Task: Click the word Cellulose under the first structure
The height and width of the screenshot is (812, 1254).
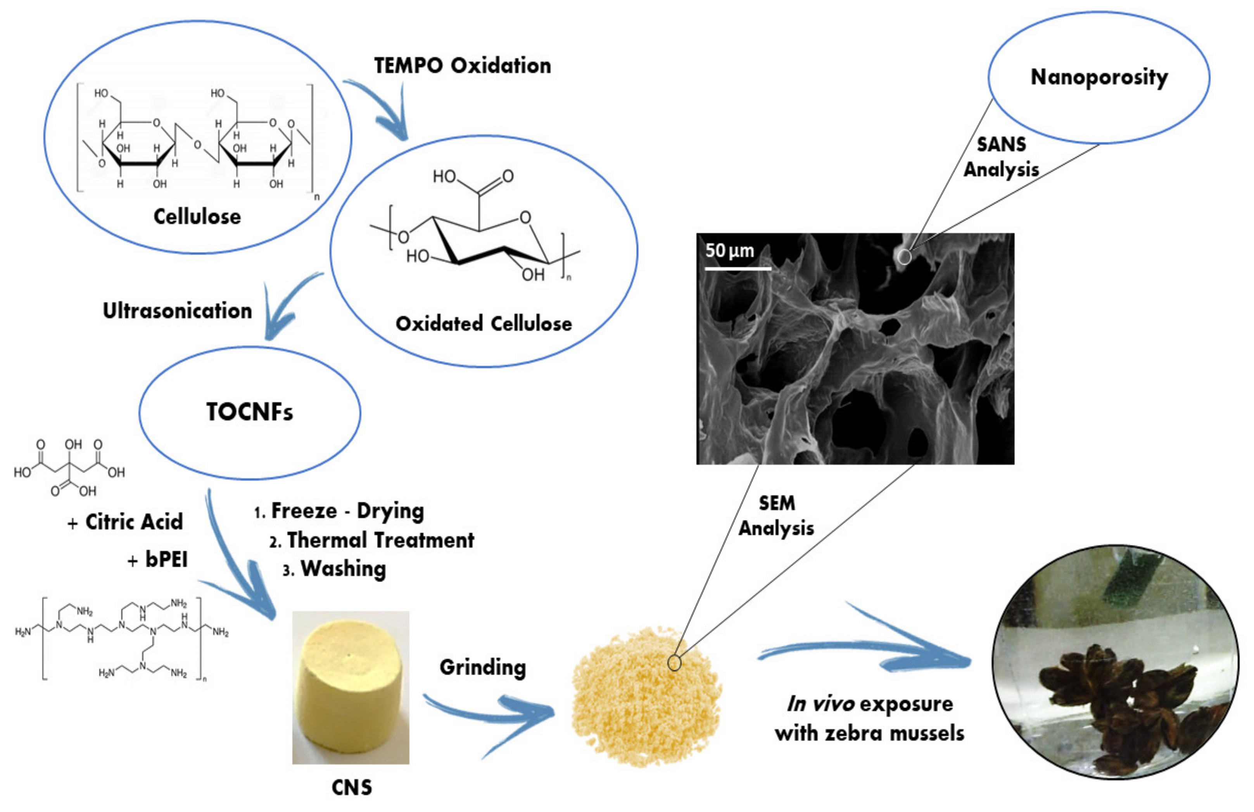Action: pos(197,216)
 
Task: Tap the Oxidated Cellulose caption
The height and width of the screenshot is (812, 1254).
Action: pos(483,323)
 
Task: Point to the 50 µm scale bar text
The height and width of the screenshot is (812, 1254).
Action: pos(729,251)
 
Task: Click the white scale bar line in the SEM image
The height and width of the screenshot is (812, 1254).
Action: pos(738,269)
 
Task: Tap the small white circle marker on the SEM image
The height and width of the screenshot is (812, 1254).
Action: pos(904,257)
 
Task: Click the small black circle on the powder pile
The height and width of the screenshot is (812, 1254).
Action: pos(674,663)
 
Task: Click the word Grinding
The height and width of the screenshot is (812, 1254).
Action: pos(483,667)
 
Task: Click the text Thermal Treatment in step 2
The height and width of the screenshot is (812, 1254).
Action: pos(379,540)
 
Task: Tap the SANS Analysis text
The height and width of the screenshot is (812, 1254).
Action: pos(1001,157)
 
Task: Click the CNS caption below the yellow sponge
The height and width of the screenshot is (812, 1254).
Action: pos(351,787)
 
